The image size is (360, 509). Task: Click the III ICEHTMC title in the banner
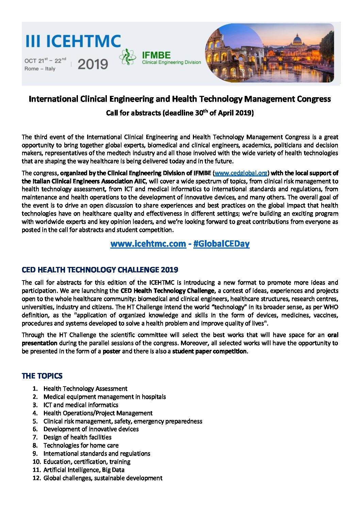point(73,41)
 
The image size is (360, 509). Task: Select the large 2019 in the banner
point(93,64)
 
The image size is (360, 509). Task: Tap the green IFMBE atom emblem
point(128,57)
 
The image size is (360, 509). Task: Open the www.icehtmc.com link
point(148,244)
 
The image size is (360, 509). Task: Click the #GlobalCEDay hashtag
point(221,244)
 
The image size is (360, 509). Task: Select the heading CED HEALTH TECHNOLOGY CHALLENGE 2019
point(100,270)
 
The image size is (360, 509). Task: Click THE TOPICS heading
point(42,376)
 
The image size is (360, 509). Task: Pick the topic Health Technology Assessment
point(85,389)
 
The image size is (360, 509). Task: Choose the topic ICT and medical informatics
point(81,405)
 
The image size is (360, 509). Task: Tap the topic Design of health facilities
point(77,437)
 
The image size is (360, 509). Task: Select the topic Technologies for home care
point(81,445)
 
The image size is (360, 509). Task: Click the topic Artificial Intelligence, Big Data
point(84,470)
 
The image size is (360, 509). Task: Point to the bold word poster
point(112,351)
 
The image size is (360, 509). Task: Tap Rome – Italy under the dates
point(40,69)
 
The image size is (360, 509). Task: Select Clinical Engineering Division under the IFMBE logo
point(171,62)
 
